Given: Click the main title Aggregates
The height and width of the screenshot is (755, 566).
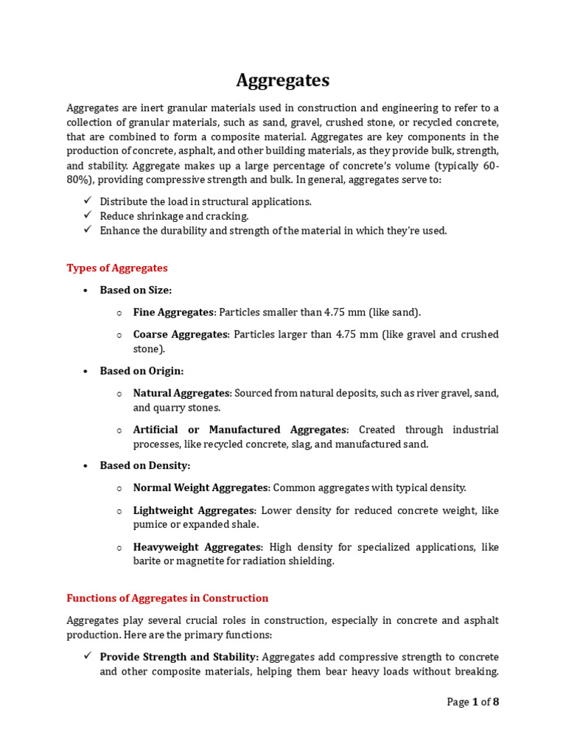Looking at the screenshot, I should pyautogui.click(x=283, y=80).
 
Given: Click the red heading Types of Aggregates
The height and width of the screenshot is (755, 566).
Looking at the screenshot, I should pyautogui.click(x=117, y=268).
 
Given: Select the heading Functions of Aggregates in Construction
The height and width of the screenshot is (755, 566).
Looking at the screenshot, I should pyautogui.click(x=167, y=598).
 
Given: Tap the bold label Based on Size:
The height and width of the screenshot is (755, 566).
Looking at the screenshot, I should pyautogui.click(x=136, y=290).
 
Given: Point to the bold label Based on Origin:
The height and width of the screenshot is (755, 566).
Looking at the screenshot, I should pyautogui.click(x=141, y=370).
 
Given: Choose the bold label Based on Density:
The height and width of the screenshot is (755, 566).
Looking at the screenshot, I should pyautogui.click(x=144, y=465).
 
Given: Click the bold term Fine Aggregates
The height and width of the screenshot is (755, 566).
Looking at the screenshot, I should pyautogui.click(x=174, y=312).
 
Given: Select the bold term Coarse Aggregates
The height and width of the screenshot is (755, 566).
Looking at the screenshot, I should pyautogui.click(x=181, y=334).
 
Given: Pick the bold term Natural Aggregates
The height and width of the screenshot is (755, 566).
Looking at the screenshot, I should pyautogui.click(x=182, y=393).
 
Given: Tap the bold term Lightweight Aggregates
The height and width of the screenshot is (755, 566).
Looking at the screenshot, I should pyautogui.click(x=194, y=510).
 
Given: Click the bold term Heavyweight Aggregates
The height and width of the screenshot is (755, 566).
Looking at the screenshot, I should pyautogui.click(x=197, y=547).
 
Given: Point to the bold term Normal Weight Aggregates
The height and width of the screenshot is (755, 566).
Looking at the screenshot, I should pyautogui.click(x=200, y=487).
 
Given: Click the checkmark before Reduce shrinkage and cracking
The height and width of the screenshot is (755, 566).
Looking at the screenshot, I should pyautogui.click(x=87, y=215).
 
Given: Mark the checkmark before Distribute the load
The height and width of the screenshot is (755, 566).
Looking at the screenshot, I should pyautogui.click(x=87, y=201).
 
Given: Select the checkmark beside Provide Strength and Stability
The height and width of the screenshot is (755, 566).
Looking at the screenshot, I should pyautogui.click(x=87, y=656).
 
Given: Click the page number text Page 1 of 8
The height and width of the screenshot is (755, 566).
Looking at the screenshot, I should pyautogui.click(x=472, y=702).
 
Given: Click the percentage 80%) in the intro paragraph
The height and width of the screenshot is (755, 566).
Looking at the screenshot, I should pyautogui.click(x=80, y=179).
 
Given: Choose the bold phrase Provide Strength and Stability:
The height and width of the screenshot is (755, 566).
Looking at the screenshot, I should pyautogui.click(x=179, y=657).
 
